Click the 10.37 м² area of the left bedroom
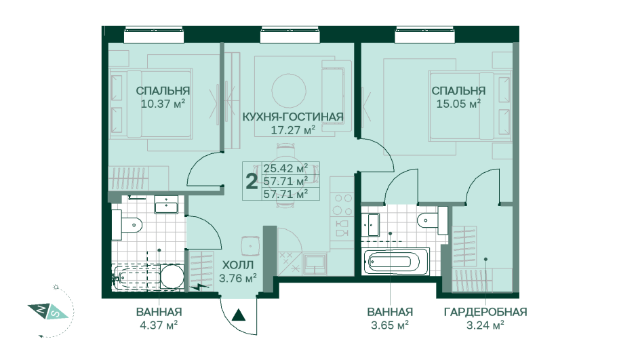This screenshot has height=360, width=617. (x=163, y=104)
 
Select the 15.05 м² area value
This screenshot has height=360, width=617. (x=458, y=104)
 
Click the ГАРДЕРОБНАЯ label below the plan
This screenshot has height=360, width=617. (x=485, y=312)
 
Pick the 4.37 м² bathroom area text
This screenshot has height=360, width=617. (x=158, y=325)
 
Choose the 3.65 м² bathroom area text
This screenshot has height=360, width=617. (x=390, y=325)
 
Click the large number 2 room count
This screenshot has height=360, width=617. (x=252, y=181)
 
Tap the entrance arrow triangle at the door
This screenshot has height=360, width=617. (x=237, y=315)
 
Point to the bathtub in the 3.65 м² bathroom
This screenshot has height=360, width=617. (x=396, y=261)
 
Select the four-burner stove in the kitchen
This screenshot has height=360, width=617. (x=341, y=203)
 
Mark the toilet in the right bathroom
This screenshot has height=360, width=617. (x=431, y=219)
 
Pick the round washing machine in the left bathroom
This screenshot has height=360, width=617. (x=172, y=277)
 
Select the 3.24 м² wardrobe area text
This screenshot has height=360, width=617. (x=485, y=325)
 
